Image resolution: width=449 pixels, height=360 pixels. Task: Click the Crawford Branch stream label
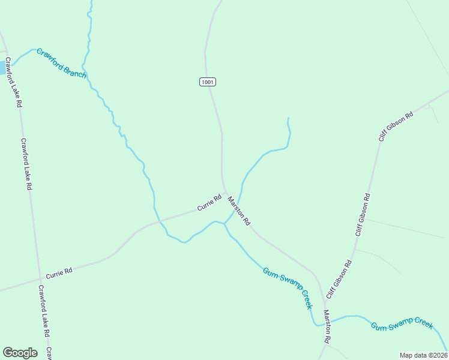(x=62, y=64)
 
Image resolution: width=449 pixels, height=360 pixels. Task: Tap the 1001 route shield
(x=208, y=82)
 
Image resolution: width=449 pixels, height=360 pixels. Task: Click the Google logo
(x=20, y=353)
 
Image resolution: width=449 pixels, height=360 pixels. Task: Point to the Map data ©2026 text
(x=423, y=355)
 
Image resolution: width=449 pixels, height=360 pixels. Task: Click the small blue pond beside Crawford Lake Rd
(x=2, y=68)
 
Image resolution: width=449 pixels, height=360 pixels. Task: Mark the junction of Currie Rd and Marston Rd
(x=225, y=194)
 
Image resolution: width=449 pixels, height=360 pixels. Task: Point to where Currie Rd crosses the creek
(x=159, y=221)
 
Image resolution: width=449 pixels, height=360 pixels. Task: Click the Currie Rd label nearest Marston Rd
(x=209, y=203)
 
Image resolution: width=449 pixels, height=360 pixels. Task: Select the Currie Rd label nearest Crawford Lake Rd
(x=59, y=271)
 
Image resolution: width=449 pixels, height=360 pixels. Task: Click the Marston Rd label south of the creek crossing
(x=327, y=327)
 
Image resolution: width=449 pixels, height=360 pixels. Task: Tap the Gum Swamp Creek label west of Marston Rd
(x=288, y=287)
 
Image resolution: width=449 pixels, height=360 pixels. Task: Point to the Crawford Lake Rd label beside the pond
(x=14, y=82)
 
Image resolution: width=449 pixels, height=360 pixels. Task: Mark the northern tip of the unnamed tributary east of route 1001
(x=288, y=118)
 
